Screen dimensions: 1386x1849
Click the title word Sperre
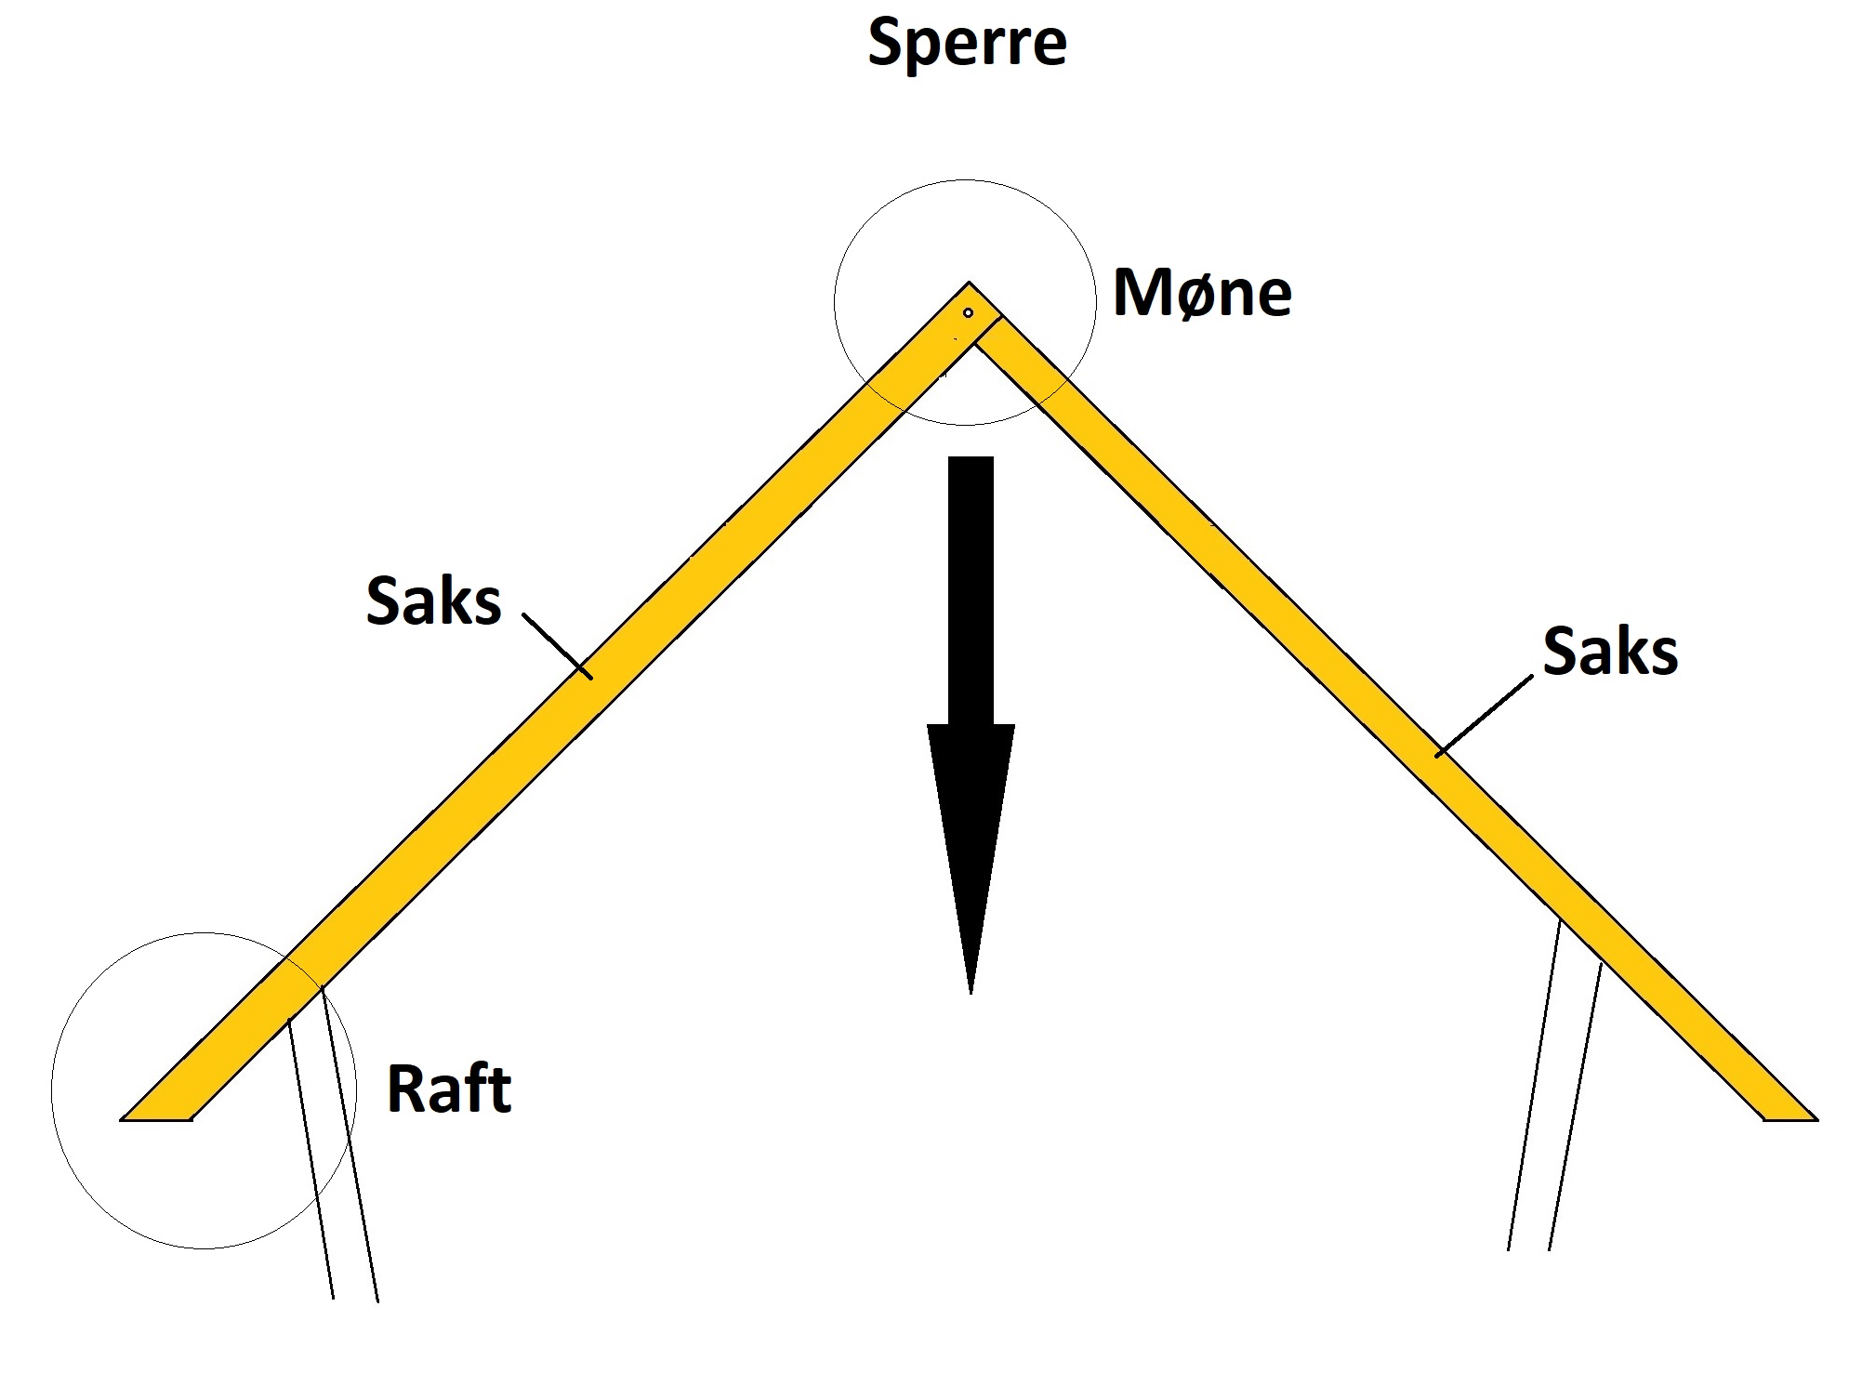pos(967,43)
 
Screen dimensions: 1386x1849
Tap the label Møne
pos(1201,293)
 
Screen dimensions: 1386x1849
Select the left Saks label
pos(433,601)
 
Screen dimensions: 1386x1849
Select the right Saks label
pos(1609,651)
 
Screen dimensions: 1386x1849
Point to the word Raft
pos(448,1089)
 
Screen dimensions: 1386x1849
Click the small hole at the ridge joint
pos(968,313)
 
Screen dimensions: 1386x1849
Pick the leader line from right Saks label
pos(1485,715)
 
